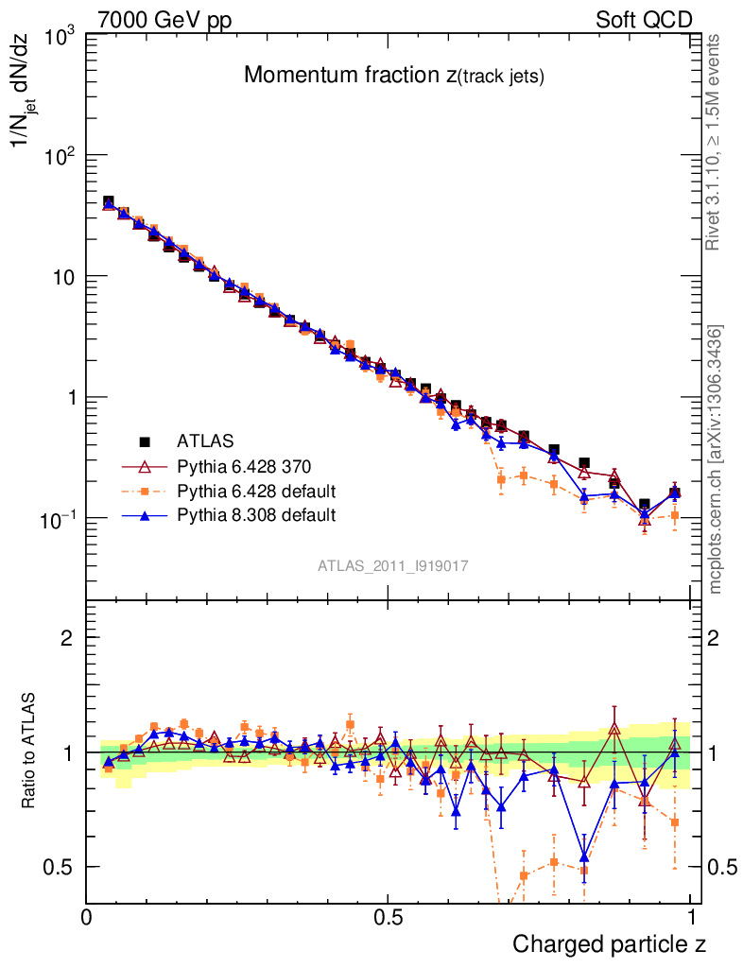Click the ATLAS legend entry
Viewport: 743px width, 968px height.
tap(205, 441)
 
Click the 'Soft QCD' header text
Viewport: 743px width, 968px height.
tap(644, 20)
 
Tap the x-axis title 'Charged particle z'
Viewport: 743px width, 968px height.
tap(609, 943)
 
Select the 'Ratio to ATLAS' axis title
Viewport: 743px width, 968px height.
tap(30, 751)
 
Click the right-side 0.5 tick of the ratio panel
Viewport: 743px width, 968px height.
tap(720, 867)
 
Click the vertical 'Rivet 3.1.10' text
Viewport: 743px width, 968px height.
tap(715, 142)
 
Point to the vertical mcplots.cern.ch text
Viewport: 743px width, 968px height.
tap(716, 458)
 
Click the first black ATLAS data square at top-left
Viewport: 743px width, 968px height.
tap(109, 201)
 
